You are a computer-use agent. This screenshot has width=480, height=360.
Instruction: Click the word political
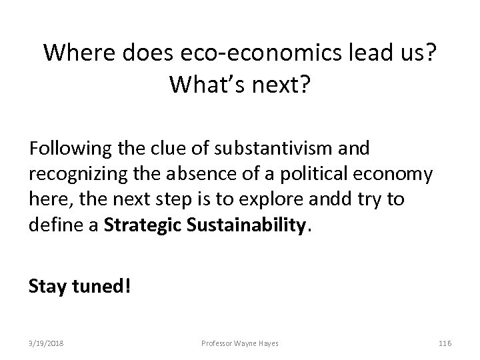click(327, 175)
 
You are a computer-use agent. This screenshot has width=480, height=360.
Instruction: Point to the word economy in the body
click(401, 175)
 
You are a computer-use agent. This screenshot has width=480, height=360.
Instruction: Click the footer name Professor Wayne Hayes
click(239, 342)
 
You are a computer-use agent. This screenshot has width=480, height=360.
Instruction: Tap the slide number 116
click(445, 342)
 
